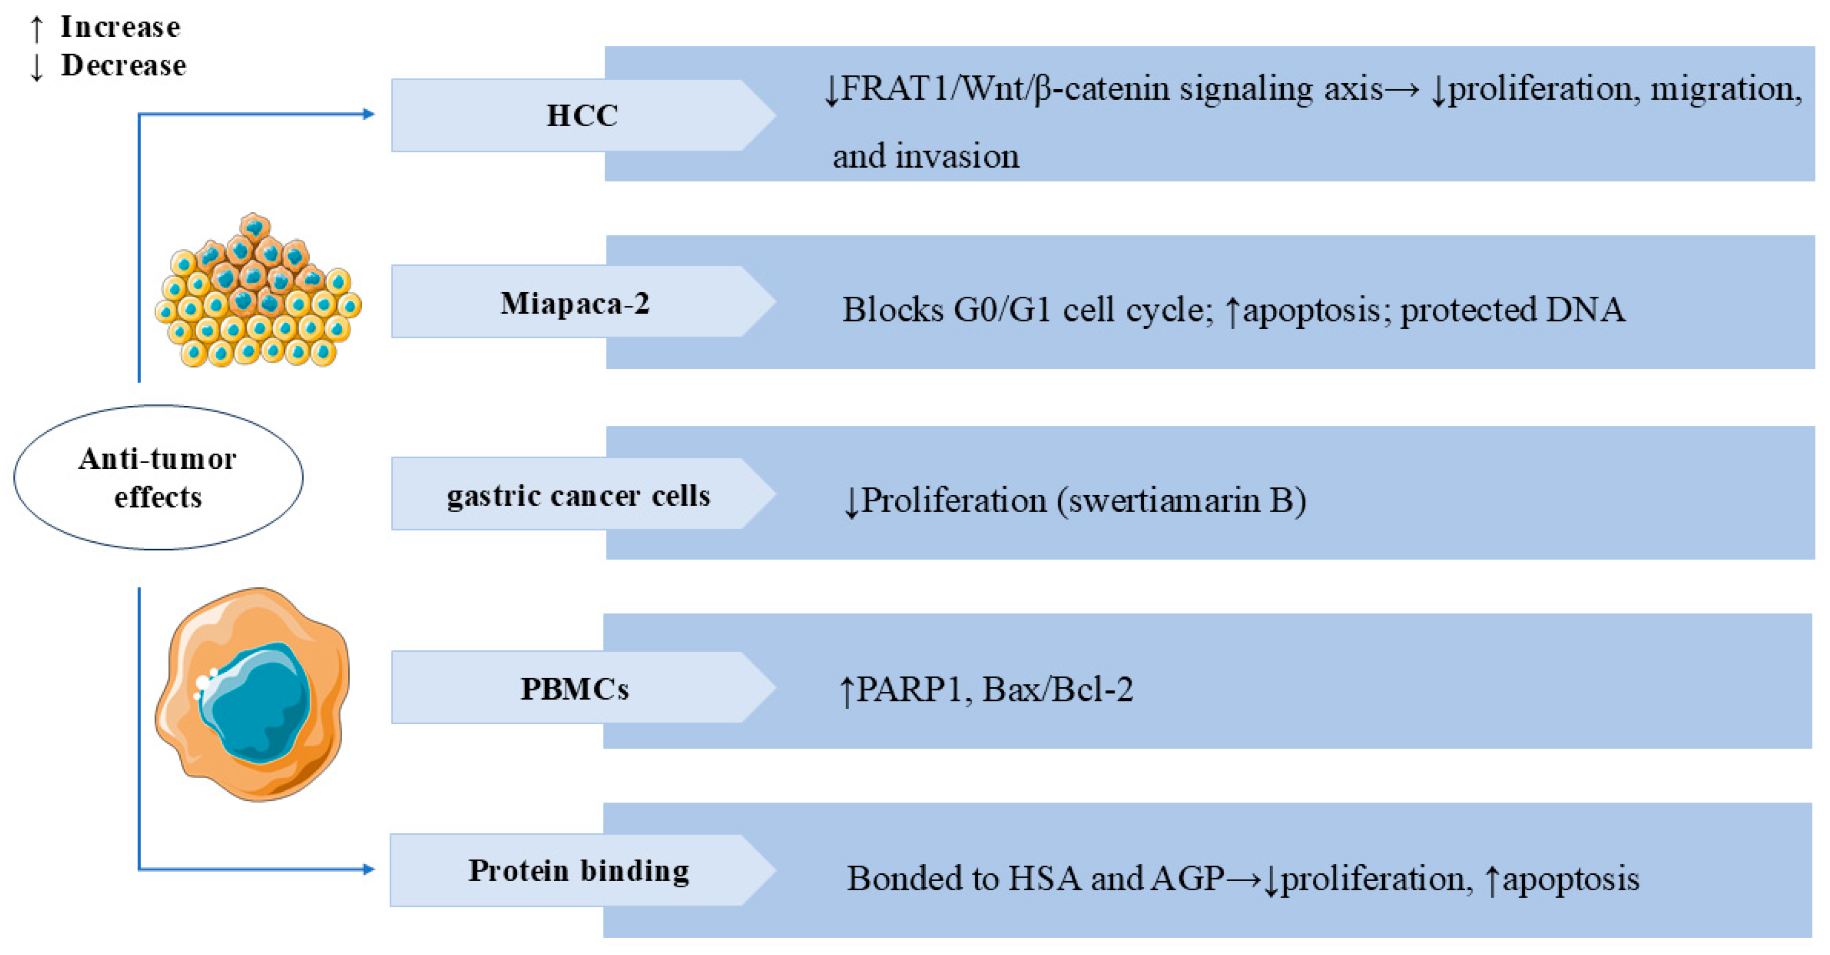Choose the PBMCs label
point(575,688)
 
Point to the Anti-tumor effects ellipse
point(158,477)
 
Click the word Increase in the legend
point(120,27)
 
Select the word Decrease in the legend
point(124,65)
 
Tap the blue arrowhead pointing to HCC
point(368,114)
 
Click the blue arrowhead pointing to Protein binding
point(368,869)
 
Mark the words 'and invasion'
point(925,156)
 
